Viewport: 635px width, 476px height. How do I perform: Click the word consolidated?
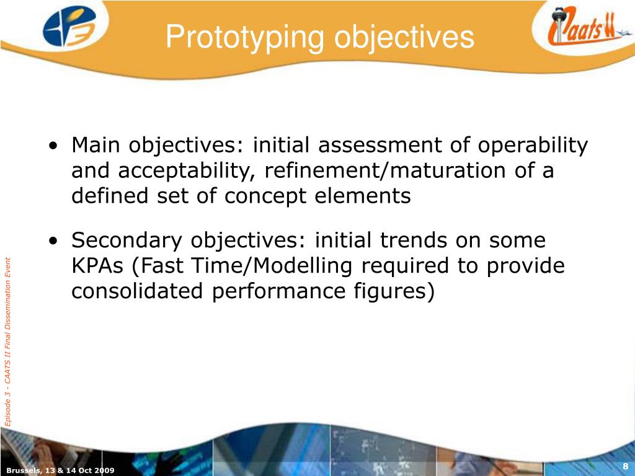(x=138, y=291)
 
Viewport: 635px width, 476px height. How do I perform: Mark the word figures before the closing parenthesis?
(x=390, y=291)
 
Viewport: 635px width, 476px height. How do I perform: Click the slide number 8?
(x=626, y=467)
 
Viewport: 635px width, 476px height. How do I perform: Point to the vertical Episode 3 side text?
(x=8, y=341)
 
